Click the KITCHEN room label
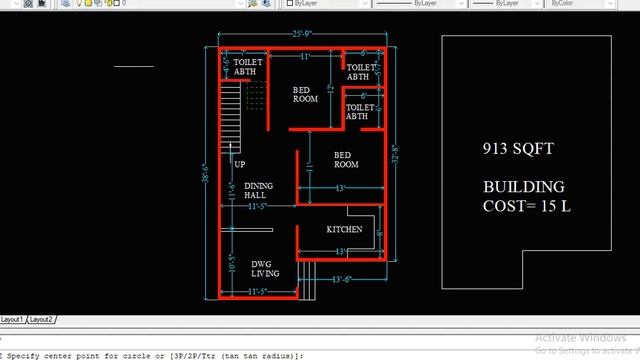pyautogui.click(x=344, y=230)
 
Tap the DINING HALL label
pyautogui.click(x=258, y=190)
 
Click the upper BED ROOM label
pyautogui.click(x=305, y=95)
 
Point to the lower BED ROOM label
pyautogui.click(x=346, y=159)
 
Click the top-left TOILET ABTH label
pyautogui.click(x=247, y=67)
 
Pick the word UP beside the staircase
pyautogui.click(x=240, y=164)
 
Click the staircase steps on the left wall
pyautogui.click(x=230, y=106)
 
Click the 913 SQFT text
pyautogui.click(x=517, y=149)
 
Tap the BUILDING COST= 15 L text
pyautogui.click(x=524, y=196)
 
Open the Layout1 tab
pyautogui.click(x=13, y=319)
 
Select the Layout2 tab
pyautogui.click(x=41, y=319)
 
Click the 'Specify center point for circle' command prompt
pyautogui.click(x=150, y=354)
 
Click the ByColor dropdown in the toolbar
pyautogui.click(x=580, y=4)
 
